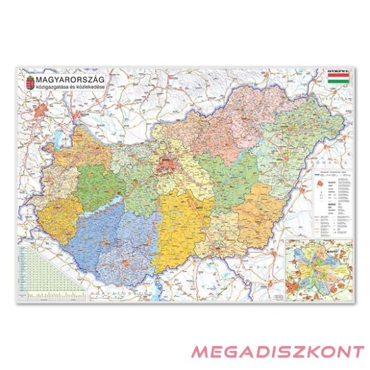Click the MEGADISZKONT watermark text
coord(277,352)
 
